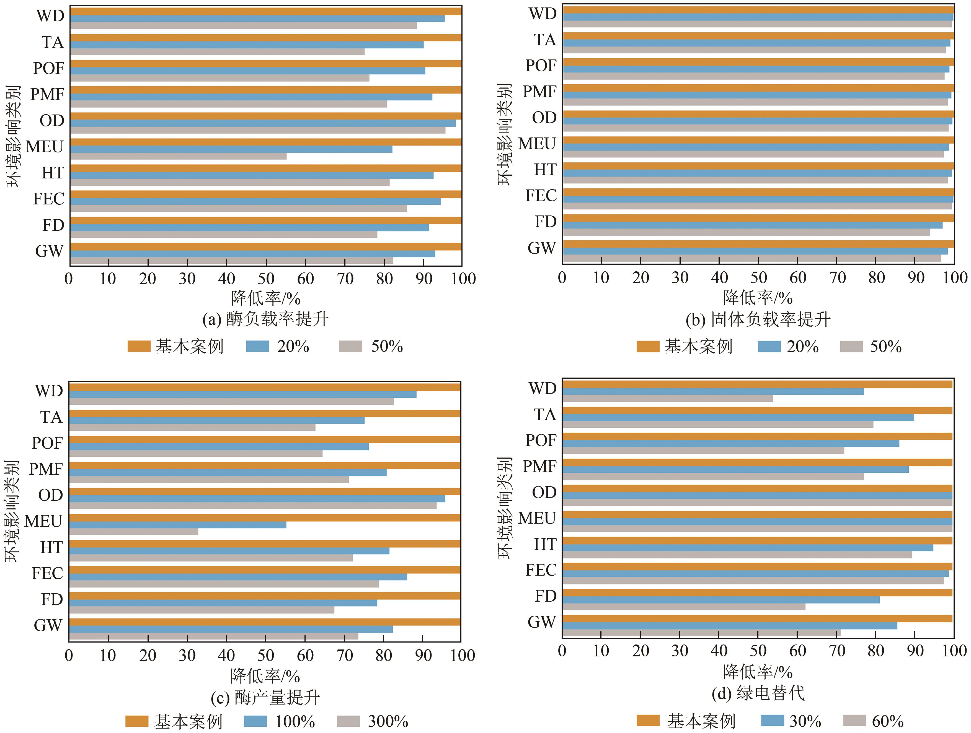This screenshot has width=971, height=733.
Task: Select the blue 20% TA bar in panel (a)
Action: pyautogui.click(x=247, y=45)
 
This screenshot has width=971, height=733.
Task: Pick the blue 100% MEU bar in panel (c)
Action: pyautogui.click(x=178, y=525)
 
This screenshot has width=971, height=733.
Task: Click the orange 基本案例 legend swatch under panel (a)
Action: pyautogui.click(x=139, y=347)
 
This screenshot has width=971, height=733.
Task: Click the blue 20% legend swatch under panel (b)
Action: pyautogui.click(x=769, y=347)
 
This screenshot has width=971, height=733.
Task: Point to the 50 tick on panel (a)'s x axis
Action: pyautogui.click(x=266, y=279)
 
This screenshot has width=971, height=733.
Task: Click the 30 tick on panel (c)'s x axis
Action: pyautogui.click(x=187, y=655)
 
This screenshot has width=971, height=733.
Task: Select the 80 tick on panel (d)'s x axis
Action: pyautogui.click(x=876, y=651)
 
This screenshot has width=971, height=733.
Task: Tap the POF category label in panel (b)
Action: pyautogui.click(x=541, y=66)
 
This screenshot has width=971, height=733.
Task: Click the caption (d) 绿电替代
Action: pyautogui.click(x=758, y=693)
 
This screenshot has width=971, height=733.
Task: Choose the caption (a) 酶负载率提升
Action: pyautogui.click(x=265, y=319)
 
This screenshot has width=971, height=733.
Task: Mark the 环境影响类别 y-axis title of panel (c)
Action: pyautogui.click(x=12, y=511)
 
